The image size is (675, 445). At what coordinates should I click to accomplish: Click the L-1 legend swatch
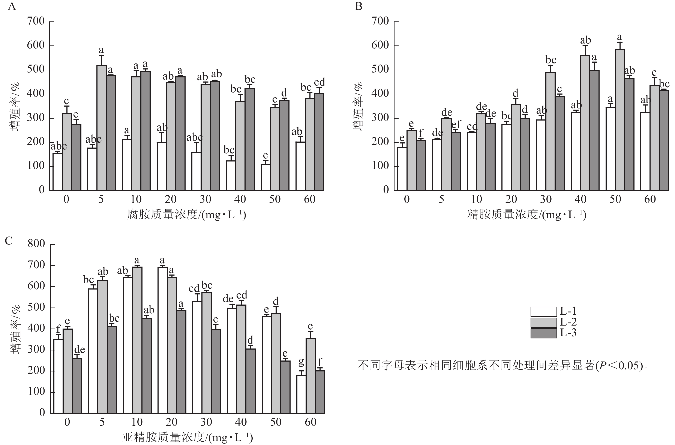point(543,312)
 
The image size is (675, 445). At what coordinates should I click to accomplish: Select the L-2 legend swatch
point(543,322)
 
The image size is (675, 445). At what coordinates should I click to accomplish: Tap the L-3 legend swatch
point(543,333)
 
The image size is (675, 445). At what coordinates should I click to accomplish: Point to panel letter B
point(358,6)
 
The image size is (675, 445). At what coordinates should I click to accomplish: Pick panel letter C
point(9,241)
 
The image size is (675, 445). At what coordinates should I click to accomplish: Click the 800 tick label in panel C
point(36,244)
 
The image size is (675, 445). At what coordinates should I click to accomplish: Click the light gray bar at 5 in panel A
point(101,128)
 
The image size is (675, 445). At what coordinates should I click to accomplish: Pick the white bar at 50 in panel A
point(265,177)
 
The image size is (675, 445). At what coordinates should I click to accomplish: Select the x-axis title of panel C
point(187,437)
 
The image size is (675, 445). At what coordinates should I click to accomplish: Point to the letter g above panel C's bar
point(301,361)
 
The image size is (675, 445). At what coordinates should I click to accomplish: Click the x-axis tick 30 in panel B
point(546,199)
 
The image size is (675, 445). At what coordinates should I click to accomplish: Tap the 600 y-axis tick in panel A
point(36,45)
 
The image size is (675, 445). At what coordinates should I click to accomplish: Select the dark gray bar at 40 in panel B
point(594,131)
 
